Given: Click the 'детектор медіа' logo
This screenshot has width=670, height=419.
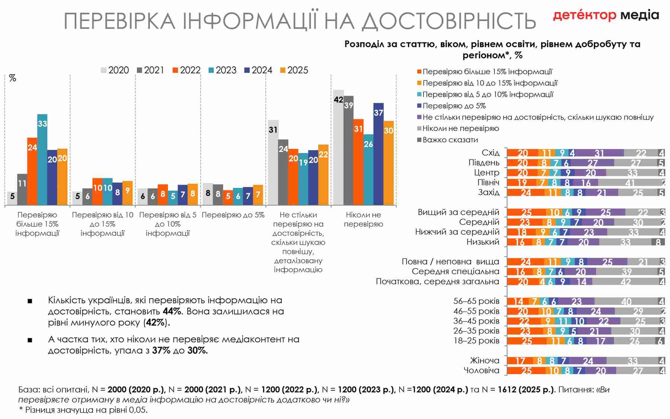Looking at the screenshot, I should click(x=606, y=15).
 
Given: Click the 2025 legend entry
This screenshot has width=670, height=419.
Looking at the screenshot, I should click(x=294, y=70).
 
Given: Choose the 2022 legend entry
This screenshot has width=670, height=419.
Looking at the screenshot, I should click(x=186, y=70).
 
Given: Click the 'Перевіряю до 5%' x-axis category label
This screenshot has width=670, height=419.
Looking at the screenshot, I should click(x=233, y=215).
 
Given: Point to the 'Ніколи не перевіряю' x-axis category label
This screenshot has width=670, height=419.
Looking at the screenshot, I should click(x=363, y=219).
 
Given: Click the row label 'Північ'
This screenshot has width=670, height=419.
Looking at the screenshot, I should click(x=488, y=182).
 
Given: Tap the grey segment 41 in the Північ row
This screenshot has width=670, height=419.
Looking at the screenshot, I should click(x=629, y=182).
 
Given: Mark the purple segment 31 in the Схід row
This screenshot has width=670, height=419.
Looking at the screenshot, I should click(x=599, y=153).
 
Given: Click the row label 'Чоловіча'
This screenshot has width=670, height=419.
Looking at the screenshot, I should click(x=481, y=371).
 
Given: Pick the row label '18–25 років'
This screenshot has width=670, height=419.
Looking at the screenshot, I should click(x=476, y=341).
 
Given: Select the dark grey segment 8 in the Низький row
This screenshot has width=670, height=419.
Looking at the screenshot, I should click(x=658, y=242).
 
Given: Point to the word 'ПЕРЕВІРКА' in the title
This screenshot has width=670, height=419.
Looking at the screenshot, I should click(x=119, y=21).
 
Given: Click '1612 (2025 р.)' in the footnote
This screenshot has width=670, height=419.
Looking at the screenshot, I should click(x=526, y=390).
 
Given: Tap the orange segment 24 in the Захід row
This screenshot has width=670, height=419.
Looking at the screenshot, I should click(x=526, y=193).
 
